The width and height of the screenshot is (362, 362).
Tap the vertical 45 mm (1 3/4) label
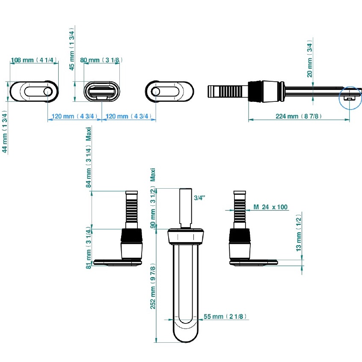click(72, 50)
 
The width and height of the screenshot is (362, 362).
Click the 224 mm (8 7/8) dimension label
click(299, 116)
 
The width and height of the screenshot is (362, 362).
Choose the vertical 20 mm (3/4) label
click(310, 59)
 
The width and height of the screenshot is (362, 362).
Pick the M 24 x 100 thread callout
click(270, 207)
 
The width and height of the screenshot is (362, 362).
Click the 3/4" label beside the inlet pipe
click(199, 198)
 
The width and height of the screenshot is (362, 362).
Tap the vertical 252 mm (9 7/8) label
click(153, 287)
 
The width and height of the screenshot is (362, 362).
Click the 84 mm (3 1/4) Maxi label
click(89, 157)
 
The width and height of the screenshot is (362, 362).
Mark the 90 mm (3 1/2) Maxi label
click(153, 199)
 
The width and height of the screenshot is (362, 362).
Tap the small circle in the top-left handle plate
click(47, 92)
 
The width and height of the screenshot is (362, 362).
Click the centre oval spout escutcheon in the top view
click(101, 91)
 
